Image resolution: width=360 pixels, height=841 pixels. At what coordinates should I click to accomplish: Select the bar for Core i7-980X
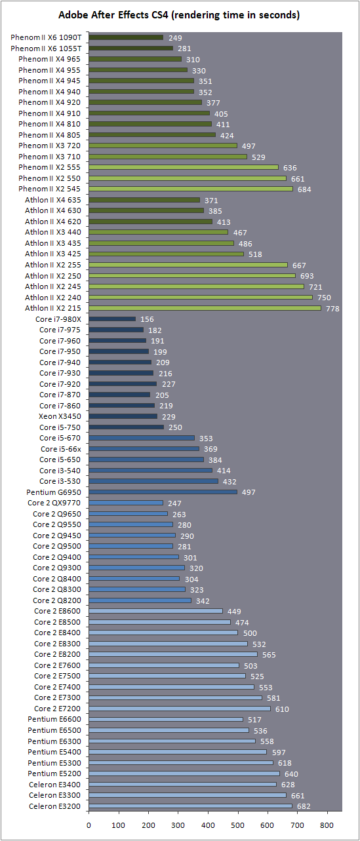coord(112,319)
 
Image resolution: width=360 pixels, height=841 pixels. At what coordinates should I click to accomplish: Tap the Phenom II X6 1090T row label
coord(46,37)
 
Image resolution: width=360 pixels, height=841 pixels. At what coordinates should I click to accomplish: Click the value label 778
coord(332,309)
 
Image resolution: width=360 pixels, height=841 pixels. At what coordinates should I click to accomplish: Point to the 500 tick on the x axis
coord(237,825)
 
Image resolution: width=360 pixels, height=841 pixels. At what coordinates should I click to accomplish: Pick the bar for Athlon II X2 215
coord(205,308)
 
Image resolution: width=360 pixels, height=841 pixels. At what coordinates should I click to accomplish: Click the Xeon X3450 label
coord(60,416)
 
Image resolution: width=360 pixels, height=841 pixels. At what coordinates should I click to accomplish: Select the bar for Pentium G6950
coord(163,492)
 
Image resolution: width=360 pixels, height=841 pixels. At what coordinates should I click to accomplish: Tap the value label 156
coord(147,319)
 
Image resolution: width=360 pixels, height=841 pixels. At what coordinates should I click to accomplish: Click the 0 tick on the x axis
coord(89,825)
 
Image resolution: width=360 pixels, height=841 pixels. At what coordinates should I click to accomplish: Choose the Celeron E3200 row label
coord(55,806)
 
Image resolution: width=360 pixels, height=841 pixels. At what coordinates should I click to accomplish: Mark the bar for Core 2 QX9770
coord(126,503)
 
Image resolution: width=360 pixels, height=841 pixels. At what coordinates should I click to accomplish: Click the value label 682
coord(304,806)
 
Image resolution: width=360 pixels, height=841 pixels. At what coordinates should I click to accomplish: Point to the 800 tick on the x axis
coord(327,825)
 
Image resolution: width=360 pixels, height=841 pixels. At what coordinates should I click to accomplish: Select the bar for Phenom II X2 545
coord(191,189)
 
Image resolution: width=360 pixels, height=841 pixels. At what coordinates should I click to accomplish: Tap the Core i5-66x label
coord(61,448)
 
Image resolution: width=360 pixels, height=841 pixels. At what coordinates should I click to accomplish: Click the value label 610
coord(282,709)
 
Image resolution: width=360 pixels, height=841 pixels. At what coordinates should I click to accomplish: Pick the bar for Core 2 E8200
coord(173,654)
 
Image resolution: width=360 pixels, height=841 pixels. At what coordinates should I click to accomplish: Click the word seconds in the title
coord(279,15)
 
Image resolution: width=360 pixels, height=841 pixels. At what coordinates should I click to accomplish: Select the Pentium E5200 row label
coord(54,773)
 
